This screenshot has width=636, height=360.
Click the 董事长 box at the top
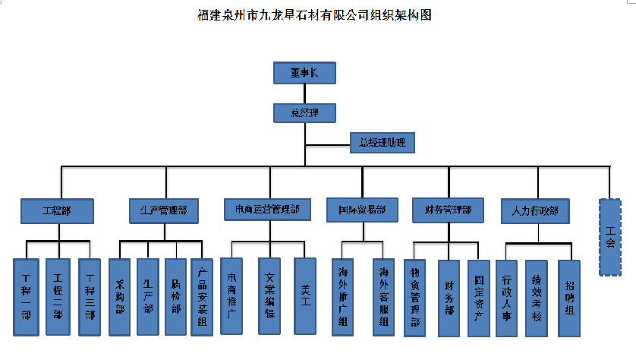coord(304,73)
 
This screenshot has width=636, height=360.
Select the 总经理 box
coord(304,113)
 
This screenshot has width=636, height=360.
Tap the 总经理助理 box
coord(383,142)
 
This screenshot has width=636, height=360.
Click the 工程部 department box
coord(58,210)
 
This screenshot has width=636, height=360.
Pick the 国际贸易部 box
coord(362,210)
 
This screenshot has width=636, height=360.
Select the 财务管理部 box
coord(447,210)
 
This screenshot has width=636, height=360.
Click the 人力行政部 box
coord(534,210)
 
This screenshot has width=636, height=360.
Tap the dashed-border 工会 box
coord(611,236)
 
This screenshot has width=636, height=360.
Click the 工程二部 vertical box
coord(58,296)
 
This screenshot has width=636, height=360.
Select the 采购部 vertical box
coord(120,296)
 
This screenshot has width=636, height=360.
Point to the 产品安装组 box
coord(202,296)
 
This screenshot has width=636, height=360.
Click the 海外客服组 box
coord(383,296)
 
